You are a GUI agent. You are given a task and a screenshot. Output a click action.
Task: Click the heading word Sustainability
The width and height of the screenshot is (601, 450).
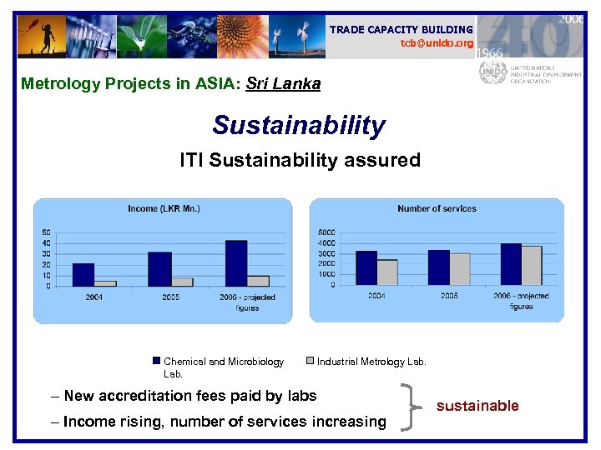[299, 126]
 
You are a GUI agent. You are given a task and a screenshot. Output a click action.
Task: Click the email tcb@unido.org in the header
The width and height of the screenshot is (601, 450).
[437, 42]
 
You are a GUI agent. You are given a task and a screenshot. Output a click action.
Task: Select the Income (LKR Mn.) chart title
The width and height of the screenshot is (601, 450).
[164, 208]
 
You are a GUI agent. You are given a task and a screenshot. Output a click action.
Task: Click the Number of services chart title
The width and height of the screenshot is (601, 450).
[437, 208]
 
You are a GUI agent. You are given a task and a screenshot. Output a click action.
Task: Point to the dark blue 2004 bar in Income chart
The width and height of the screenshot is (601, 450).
[83, 275]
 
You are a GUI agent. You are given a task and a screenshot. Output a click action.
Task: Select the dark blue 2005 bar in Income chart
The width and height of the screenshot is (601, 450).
[159, 269]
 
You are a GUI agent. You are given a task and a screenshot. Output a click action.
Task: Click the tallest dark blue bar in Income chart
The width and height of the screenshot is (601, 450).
[236, 263]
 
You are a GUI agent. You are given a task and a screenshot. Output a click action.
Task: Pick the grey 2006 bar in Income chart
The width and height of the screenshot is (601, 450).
[258, 281]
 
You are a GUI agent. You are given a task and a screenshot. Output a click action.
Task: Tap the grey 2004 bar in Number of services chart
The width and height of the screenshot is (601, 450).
[387, 272]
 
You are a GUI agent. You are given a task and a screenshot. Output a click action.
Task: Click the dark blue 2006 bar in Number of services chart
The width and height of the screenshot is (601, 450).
[510, 264]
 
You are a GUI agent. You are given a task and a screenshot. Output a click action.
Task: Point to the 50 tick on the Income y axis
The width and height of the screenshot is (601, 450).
[46, 232]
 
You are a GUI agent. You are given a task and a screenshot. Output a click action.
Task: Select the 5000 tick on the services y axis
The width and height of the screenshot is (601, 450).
[326, 232]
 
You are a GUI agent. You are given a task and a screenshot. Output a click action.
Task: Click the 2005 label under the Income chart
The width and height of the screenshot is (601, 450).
[170, 297]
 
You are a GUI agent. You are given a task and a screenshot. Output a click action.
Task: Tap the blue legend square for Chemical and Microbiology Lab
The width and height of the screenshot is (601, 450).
[156, 361]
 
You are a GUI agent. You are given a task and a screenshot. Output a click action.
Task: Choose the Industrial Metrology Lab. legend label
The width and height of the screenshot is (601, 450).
[371, 362]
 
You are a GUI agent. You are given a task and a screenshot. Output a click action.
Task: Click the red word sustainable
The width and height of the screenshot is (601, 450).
[477, 406]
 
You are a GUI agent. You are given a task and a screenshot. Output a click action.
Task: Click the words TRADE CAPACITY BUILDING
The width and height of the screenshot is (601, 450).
[401, 29]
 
